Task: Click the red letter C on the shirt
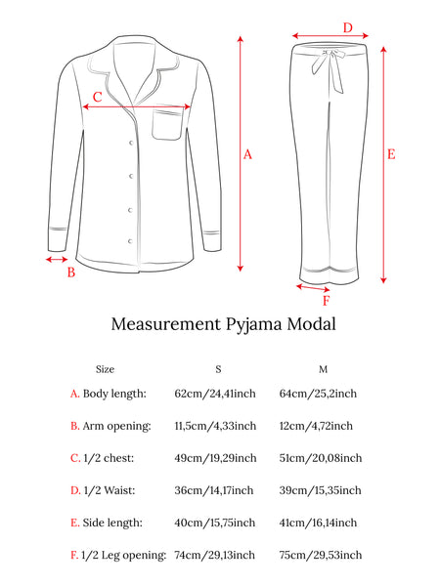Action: click(97, 97)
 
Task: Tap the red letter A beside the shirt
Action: click(247, 154)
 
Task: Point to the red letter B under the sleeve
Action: click(71, 272)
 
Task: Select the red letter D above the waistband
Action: click(348, 27)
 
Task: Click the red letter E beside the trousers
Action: click(391, 154)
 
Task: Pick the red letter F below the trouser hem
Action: click(327, 301)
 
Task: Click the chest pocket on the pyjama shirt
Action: click(167, 124)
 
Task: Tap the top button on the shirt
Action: click(131, 143)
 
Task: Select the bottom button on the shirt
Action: click(130, 241)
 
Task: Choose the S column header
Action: click(218, 369)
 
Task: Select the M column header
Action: click(324, 369)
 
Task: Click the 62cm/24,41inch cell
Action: click(215, 394)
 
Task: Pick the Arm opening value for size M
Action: click(316, 426)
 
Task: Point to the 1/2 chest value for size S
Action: click(215, 458)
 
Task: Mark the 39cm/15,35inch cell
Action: click(321, 490)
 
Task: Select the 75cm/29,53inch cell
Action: click(321, 555)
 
